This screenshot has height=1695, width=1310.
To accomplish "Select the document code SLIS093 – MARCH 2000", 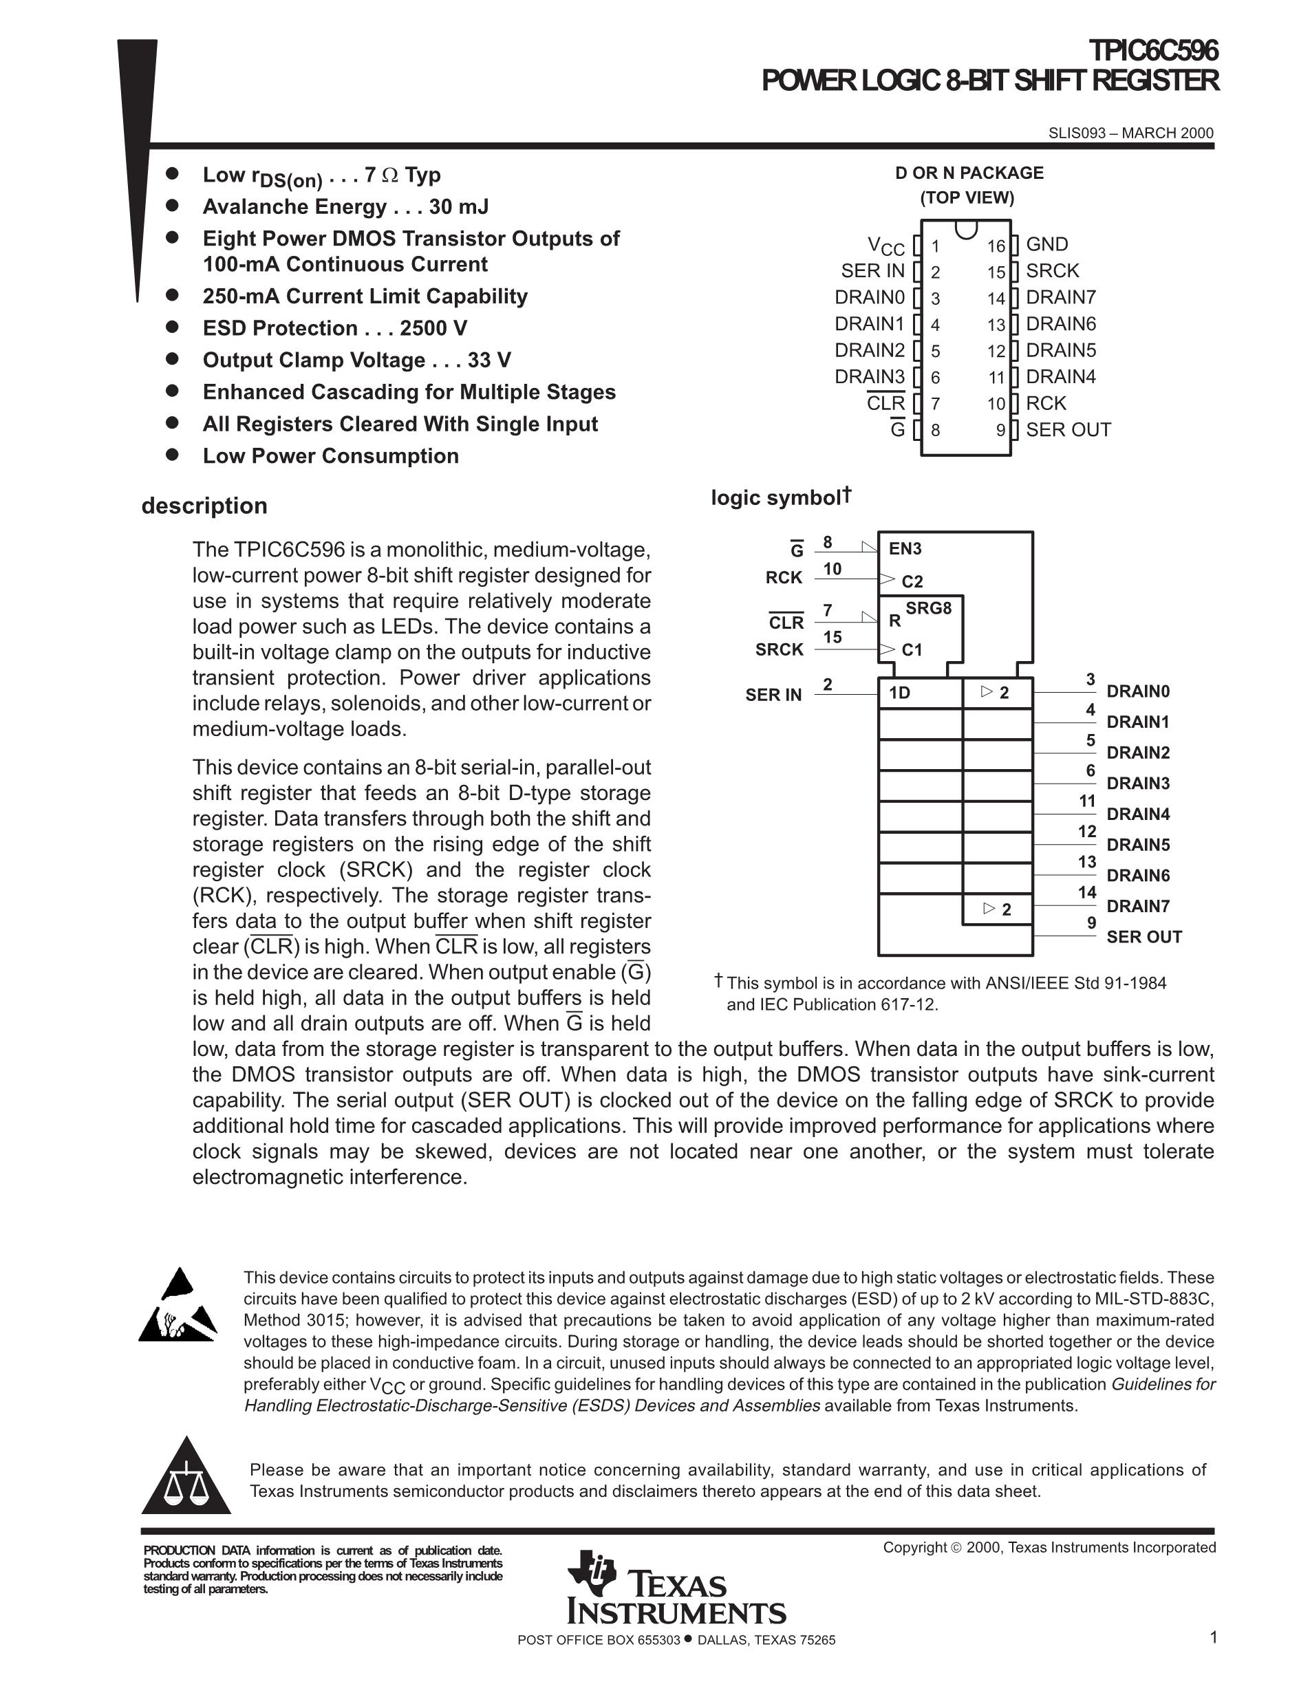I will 1130,133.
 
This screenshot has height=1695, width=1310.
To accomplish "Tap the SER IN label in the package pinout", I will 872,271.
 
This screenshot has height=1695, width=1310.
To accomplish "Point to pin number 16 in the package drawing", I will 996,247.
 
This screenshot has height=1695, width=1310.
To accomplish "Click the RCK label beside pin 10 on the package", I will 1045,404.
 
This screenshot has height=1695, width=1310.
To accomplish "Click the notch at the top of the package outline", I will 965,229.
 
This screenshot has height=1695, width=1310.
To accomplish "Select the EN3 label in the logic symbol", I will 905,549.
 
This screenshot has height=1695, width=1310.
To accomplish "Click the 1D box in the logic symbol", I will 920,692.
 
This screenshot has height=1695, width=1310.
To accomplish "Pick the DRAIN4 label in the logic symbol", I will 1138,814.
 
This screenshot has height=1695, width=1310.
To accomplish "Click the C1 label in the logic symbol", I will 912,649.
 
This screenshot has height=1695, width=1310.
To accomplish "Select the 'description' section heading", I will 204,506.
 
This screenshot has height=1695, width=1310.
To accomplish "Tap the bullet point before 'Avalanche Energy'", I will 172,206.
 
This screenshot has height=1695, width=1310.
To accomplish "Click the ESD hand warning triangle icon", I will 178,1306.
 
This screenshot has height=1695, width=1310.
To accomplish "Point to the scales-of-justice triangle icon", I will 186,1478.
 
